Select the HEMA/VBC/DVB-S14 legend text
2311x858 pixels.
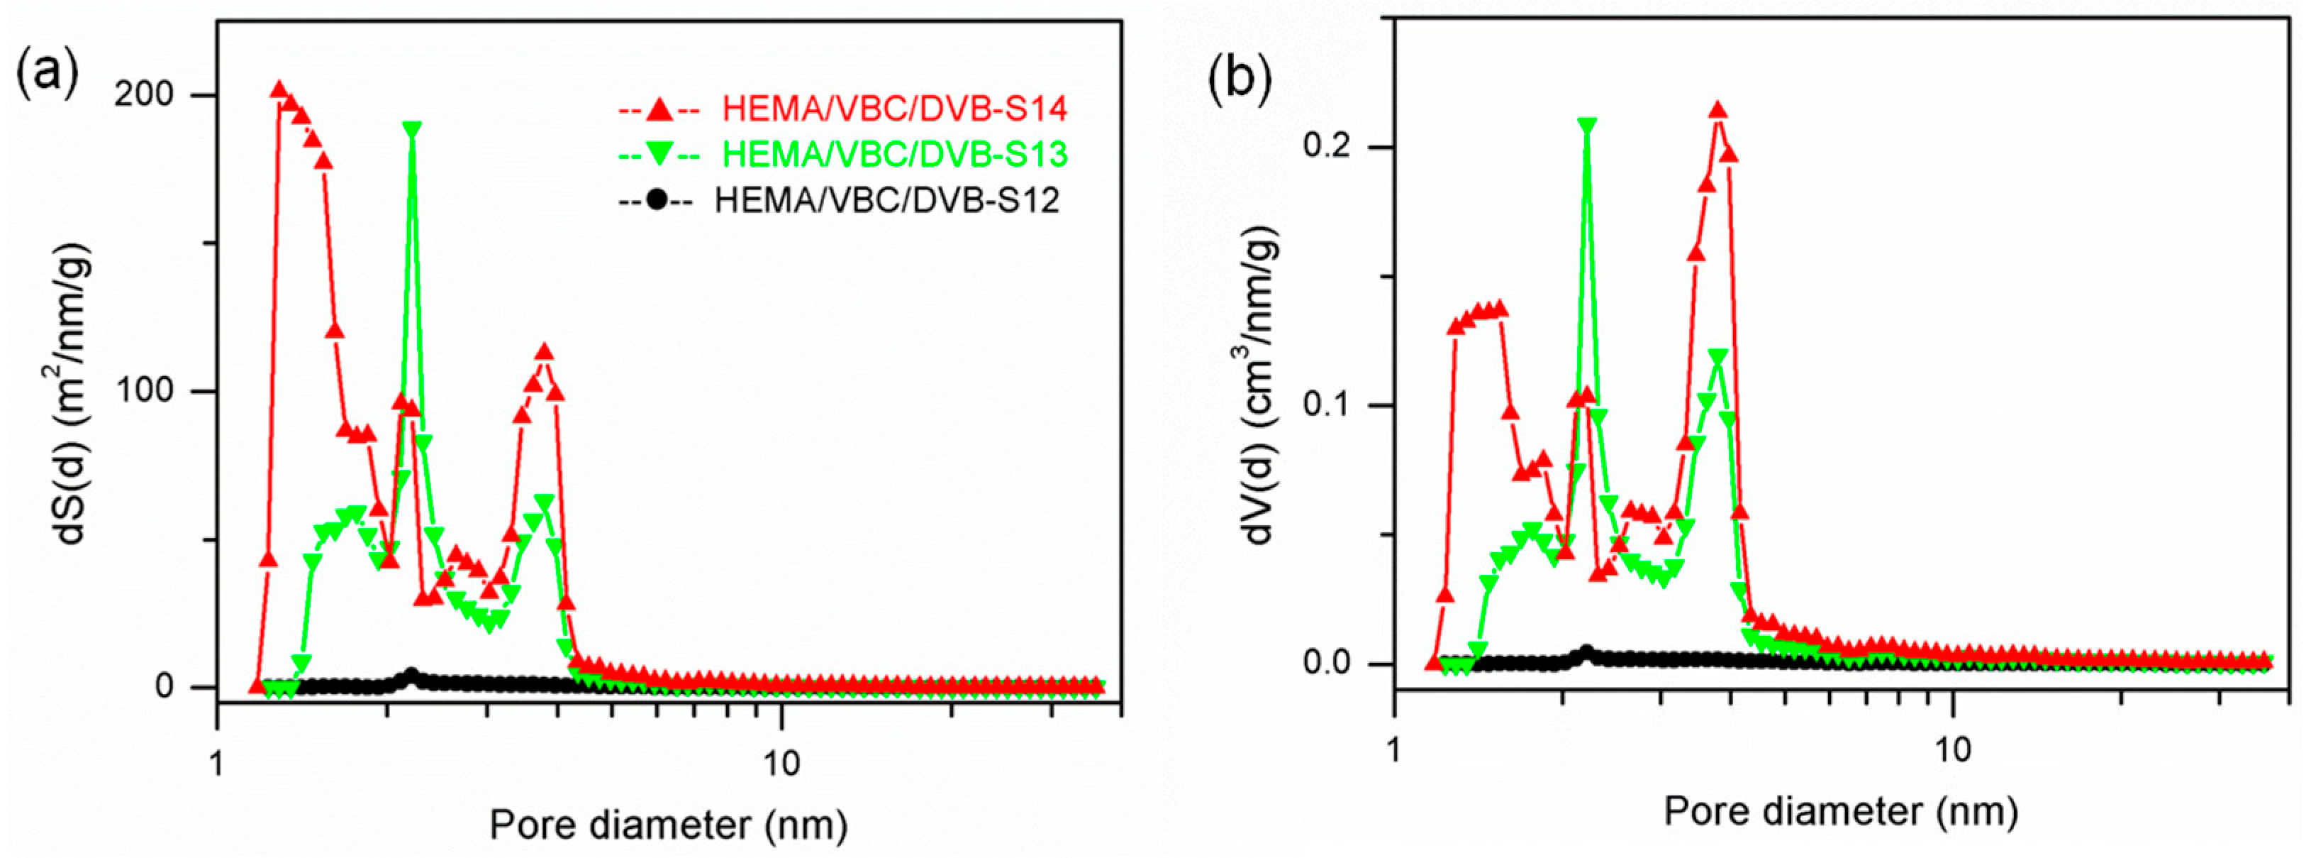click(x=894, y=109)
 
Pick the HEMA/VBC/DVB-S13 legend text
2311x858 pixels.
click(x=894, y=155)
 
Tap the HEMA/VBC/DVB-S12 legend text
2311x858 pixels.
click(x=886, y=199)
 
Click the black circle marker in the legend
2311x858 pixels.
click(x=656, y=199)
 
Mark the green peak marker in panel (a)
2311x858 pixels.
click(x=413, y=129)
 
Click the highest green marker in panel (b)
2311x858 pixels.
click(x=1588, y=126)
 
